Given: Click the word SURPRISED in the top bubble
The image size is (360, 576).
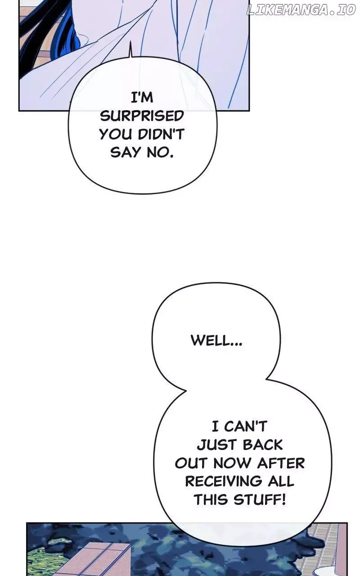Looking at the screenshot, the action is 142,116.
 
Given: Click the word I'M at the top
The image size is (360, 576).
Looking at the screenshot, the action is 142,98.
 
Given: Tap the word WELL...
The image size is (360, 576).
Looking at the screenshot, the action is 216,341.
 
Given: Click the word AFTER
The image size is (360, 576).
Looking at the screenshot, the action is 281,463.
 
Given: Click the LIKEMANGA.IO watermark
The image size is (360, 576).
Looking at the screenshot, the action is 300,10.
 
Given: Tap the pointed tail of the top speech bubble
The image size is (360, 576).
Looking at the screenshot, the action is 130,43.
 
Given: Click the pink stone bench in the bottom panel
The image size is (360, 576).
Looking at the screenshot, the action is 103,561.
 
